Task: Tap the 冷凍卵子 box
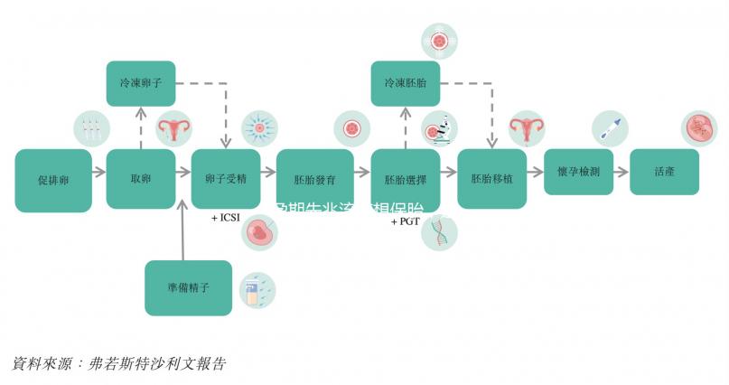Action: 141,82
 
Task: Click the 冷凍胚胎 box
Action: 405,82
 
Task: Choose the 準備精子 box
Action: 188,288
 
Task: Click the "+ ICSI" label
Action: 227,218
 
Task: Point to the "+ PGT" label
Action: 406,221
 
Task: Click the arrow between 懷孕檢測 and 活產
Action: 621,172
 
